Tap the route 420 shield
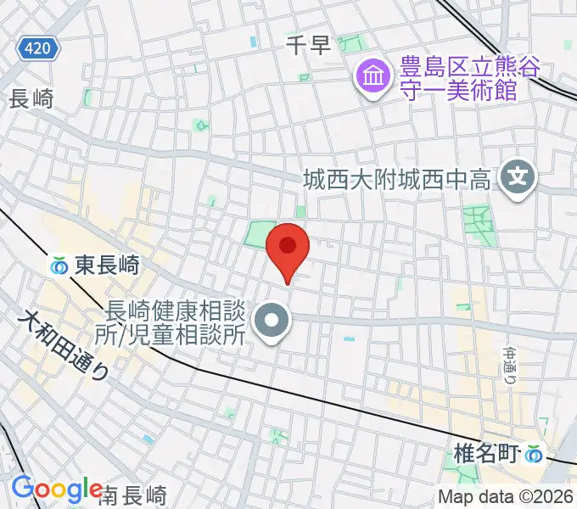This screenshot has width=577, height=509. (37, 48)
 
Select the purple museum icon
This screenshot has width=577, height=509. (371, 77)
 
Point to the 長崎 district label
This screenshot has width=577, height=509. (31, 98)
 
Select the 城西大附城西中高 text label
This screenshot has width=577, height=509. (397, 179)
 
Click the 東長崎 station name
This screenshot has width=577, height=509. (106, 266)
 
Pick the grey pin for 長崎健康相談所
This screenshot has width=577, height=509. (272, 322)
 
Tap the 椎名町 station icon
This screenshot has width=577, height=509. (534, 454)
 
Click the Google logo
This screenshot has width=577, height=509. (57, 489)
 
